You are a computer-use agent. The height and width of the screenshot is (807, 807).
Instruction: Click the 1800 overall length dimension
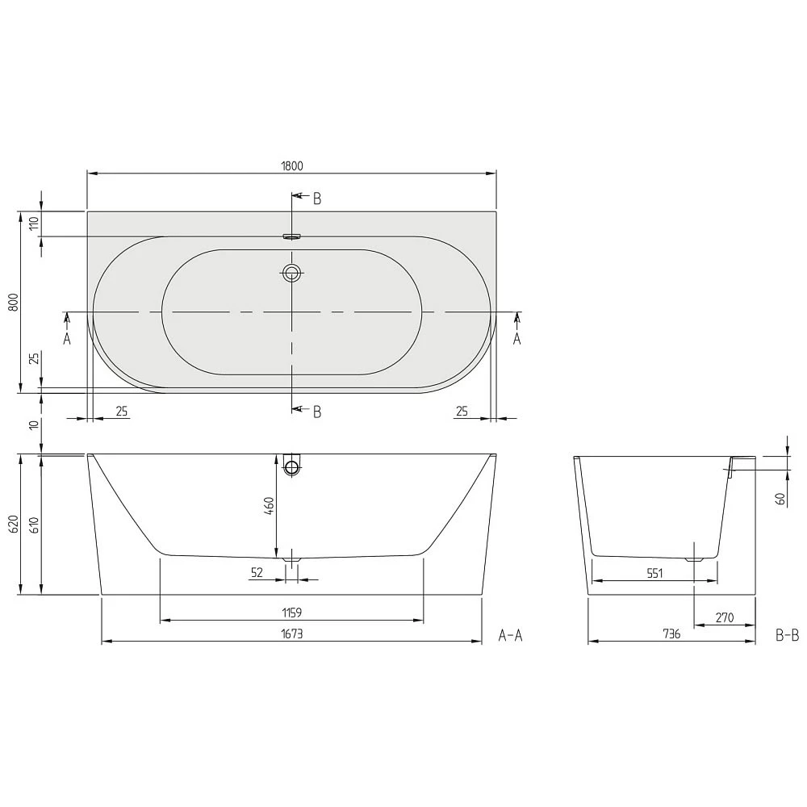coord(292,165)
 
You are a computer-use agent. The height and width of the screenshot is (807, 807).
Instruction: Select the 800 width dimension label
coord(14,302)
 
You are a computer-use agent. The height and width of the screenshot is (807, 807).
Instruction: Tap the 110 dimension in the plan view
coord(34,224)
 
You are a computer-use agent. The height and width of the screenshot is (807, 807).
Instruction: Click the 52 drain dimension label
coord(257,572)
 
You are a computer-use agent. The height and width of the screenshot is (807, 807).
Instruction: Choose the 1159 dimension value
coord(292,613)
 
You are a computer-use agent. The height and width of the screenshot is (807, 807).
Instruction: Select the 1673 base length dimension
coord(292,633)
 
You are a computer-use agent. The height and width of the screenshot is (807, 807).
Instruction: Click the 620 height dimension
coord(14,524)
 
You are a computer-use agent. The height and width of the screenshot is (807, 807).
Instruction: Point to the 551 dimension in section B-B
coord(654,573)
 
